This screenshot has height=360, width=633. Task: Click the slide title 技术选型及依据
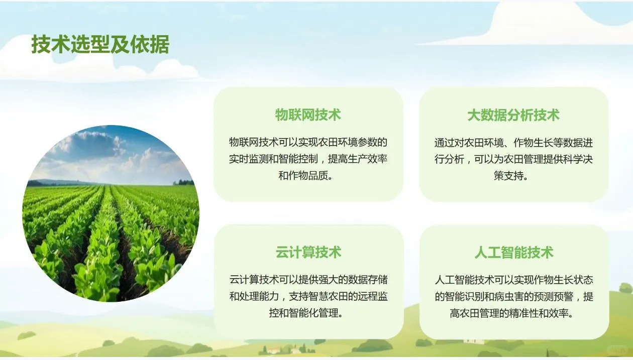pos(100,45)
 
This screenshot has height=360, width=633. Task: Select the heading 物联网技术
pos(308,115)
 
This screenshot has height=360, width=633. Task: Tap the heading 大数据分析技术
pos(513,115)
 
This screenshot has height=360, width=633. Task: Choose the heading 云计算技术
pos(308,252)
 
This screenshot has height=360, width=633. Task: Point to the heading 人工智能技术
pos(513,252)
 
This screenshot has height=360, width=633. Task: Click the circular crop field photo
pos(111,213)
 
